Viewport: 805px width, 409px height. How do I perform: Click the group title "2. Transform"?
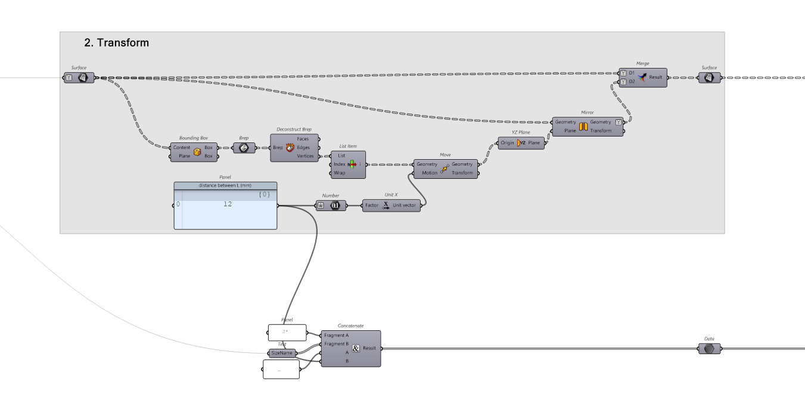click(117, 43)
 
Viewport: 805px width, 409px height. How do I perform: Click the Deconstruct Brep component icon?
click(290, 147)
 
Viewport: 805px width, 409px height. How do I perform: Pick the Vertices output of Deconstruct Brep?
click(306, 156)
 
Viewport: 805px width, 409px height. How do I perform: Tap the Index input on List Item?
click(339, 164)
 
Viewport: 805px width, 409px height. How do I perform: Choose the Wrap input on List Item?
click(339, 173)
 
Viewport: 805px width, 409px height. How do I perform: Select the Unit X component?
click(385, 205)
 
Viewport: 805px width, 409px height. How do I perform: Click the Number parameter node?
click(331, 205)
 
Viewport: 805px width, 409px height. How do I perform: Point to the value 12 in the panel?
click(228, 204)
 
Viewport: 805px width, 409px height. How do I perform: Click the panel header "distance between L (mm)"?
click(225, 185)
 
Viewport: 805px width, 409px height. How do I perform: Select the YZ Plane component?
click(521, 143)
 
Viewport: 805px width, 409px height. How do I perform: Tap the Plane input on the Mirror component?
click(570, 131)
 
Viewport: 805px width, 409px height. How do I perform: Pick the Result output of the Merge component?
click(655, 78)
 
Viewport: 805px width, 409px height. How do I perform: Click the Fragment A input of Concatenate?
click(337, 335)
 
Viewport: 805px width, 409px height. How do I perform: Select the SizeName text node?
click(282, 353)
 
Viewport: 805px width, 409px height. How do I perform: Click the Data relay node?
click(709, 348)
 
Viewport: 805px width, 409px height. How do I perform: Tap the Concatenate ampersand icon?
click(356, 348)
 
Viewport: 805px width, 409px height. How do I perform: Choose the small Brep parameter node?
click(244, 147)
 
